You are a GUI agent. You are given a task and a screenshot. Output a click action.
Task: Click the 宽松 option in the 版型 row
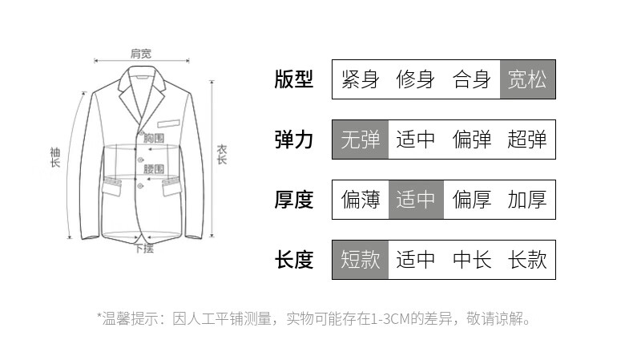(x=527, y=79)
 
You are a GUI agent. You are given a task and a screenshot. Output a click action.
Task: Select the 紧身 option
(x=360, y=79)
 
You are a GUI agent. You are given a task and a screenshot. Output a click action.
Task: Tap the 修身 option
(x=416, y=79)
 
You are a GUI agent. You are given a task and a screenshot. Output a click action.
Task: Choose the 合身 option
(x=472, y=79)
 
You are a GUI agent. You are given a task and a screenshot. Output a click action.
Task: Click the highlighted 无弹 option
(x=361, y=140)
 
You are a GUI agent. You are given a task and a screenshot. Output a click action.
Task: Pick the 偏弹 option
(x=472, y=140)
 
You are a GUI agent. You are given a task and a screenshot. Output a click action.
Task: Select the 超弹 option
(x=527, y=140)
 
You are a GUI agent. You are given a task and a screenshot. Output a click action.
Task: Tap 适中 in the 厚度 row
(x=416, y=200)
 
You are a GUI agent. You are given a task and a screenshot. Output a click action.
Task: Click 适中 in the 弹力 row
(x=416, y=140)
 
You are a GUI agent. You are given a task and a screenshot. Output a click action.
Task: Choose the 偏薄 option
(x=361, y=200)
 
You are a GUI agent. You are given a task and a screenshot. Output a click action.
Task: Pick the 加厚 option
(x=527, y=200)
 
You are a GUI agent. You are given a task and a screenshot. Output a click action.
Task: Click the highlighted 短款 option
(x=361, y=260)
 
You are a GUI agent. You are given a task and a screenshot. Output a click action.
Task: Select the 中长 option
(x=472, y=260)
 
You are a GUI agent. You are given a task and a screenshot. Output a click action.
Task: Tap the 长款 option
(x=527, y=260)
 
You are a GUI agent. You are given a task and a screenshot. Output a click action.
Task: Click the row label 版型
(x=294, y=79)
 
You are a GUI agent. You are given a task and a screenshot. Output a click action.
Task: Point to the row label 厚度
(x=294, y=200)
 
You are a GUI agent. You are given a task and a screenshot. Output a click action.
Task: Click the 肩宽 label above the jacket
(x=141, y=54)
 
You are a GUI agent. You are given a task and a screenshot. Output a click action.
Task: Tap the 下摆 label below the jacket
(x=143, y=249)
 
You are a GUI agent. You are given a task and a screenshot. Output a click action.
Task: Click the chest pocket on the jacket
(x=169, y=123)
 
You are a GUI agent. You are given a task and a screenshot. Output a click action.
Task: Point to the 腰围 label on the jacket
(x=154, y=169)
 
